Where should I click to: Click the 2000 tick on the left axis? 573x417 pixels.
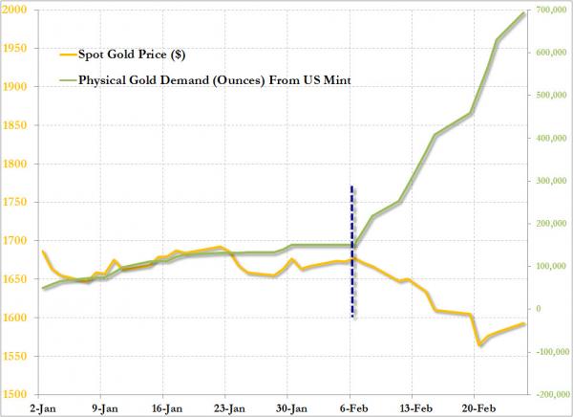pyautogui.click(x=15, y=10)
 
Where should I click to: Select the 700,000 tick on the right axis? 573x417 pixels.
pyautogui.click(x=550, y=10)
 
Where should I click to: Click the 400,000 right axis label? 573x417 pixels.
pyautogui.click(x=550, y=138)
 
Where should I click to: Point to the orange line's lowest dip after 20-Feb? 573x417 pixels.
pyautogui.click(x=479, y=343)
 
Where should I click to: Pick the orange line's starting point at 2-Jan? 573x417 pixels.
pyautogui.click(x=42, y=252)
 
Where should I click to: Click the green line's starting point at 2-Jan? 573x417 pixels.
pyautogui.click(x=42, y=288)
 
